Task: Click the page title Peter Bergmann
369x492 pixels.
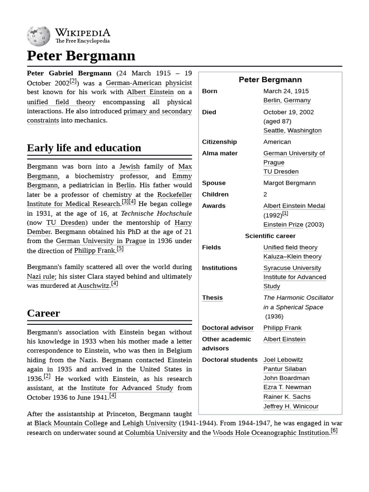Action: (81, 56)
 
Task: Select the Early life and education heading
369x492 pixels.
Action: (84, 148)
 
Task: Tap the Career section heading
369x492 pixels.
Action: (43, 313)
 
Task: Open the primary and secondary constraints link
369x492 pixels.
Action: (158, 111)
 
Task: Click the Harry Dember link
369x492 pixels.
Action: (183, 222)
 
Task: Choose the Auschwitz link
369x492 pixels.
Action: (93, 285)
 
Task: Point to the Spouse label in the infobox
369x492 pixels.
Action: (214, 183)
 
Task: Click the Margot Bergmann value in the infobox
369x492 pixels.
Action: (289, 183)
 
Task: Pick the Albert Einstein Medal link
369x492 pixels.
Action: (294, 206)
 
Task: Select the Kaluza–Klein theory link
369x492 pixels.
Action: (292, 257)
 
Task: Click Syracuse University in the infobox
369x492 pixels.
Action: (292, 268)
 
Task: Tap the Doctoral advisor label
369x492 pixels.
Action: (228, 328)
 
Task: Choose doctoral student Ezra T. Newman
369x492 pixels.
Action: (287, 387)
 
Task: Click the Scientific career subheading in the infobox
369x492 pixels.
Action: (270, 236)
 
